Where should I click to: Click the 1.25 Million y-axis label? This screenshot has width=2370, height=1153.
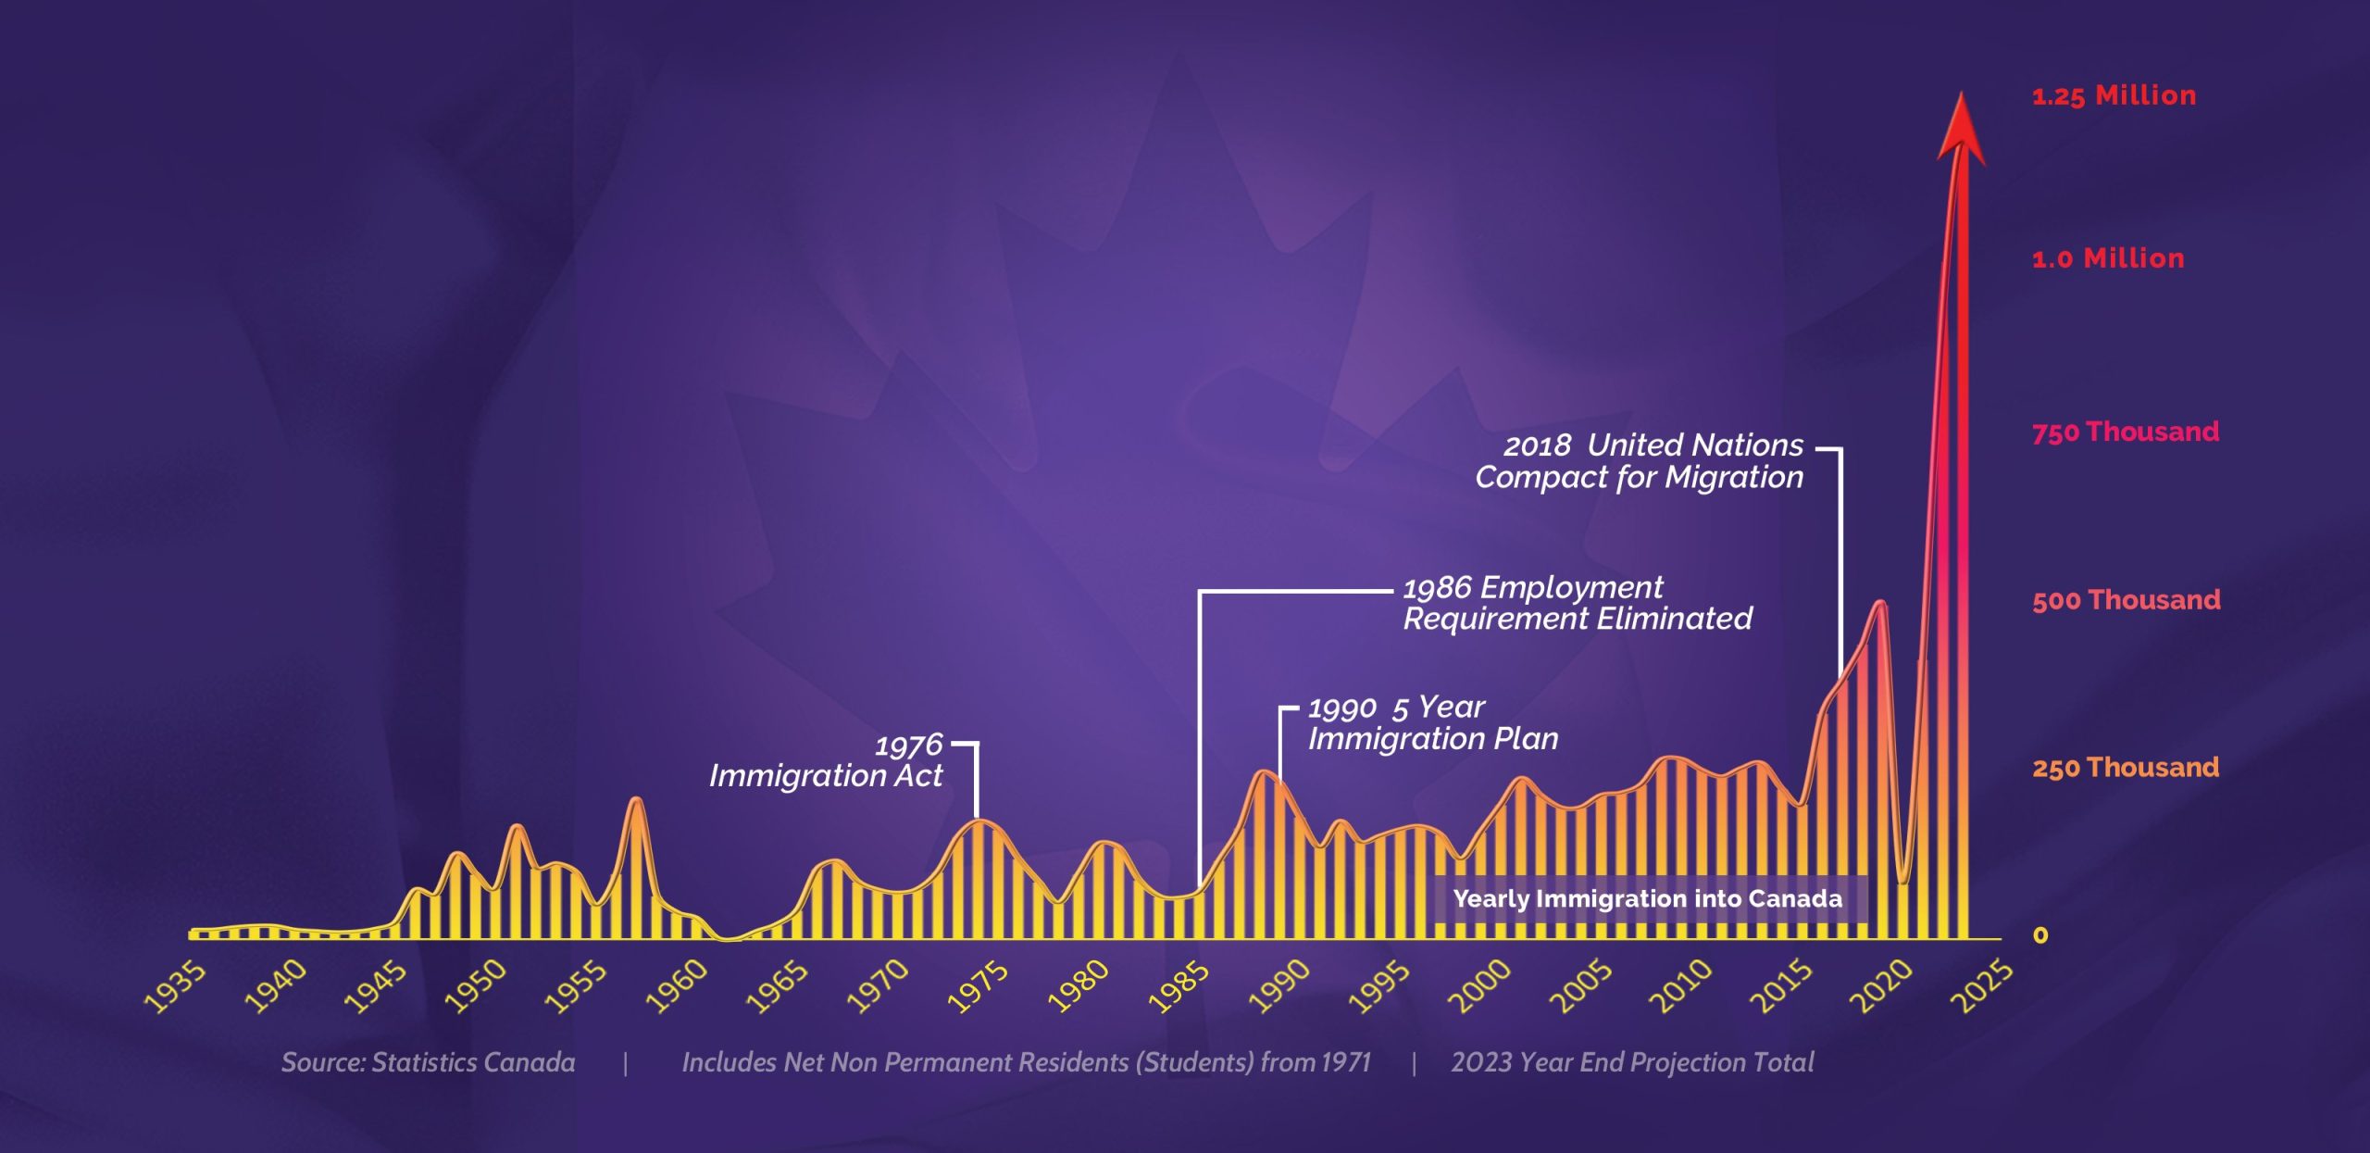[x=2114, y=96]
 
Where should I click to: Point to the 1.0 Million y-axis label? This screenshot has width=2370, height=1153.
[x=2108, y=258]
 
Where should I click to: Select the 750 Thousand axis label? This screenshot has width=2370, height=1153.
[x=2126, y=432]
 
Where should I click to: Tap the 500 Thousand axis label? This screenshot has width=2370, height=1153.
[x=2127, y=600]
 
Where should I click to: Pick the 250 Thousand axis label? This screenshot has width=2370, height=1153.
[x=2126, y=768]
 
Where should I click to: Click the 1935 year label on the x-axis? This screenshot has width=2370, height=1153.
[x=175, y=987]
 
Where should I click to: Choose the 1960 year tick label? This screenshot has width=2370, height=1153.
[x=677, y=987]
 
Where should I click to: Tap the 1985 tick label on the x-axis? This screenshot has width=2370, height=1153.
[x=1179, y=987]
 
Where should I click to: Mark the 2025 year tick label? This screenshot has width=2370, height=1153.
[x=1981, y=987]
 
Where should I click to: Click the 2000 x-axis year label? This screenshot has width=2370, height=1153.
[x=1479, y=987]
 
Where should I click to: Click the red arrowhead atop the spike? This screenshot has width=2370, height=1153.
[x=1961, y=130]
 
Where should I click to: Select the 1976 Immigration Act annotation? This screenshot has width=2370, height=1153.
[x=826, y=760]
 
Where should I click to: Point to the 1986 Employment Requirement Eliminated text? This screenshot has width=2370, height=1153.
[x=1578, y=603]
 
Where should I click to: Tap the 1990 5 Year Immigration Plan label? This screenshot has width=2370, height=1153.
[x=1433, y=723]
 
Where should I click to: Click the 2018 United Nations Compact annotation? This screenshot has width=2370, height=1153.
[x=1640, y=461]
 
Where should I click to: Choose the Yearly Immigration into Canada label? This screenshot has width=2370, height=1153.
[x=1647, y=899]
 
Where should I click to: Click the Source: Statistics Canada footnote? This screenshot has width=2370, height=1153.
[x=428, y=1062]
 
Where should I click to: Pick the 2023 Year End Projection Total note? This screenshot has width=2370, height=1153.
[x=1632, y=1062]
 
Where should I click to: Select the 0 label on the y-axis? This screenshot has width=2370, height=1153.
[x=2040, y=935]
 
